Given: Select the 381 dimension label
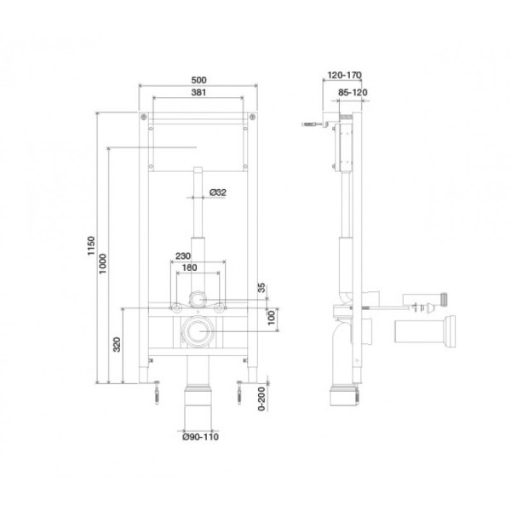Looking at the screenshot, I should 198,95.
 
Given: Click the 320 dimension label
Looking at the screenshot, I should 117,345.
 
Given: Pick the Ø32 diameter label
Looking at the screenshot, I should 218,193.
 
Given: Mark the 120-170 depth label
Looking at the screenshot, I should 341,75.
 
